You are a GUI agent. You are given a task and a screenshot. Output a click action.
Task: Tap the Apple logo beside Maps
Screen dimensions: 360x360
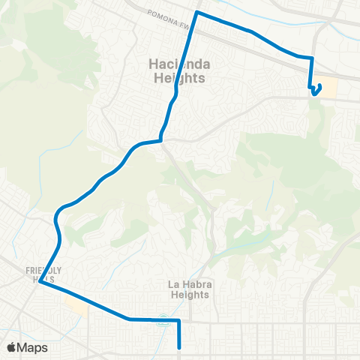(11, 347)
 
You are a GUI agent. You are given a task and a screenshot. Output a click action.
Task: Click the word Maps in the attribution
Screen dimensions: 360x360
(32, 347)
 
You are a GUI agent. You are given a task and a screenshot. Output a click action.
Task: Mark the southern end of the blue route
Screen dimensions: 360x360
(180, 347)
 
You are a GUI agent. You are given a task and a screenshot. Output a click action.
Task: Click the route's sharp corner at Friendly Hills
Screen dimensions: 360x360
(40, 283)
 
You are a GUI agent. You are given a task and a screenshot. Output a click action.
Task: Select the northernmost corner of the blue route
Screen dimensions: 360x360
(196, 13)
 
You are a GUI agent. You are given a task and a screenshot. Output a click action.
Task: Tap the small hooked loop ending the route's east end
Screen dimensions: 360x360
(316, 91)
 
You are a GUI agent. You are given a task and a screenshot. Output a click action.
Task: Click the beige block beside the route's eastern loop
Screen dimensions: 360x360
(330, 88)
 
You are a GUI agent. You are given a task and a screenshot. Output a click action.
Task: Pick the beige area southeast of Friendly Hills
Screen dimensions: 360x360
(76, 303)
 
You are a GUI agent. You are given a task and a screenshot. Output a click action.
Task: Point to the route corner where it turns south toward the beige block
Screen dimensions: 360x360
(311, 58)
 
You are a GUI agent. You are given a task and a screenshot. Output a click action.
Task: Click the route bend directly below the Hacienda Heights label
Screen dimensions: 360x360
(160, 139)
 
